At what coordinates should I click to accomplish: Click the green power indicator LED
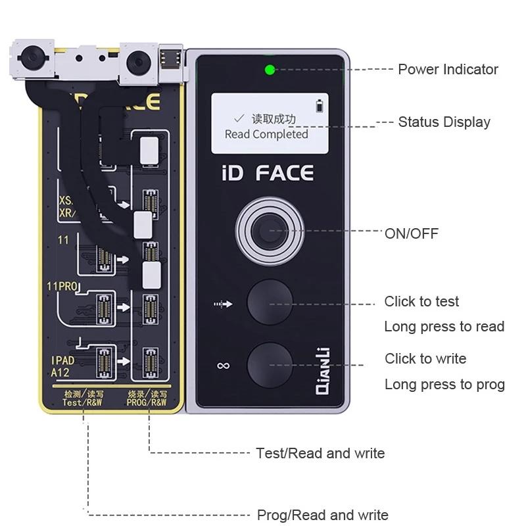coord(270,69)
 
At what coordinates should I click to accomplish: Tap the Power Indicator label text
coord(448,69)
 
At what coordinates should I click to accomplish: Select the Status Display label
coord(444,122)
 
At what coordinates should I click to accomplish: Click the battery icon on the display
coord(320,105)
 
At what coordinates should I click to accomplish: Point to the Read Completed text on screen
coord(266,134)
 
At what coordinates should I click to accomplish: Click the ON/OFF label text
coord(412,233)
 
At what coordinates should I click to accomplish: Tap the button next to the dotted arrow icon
coord(270,304)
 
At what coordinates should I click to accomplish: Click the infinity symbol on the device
coord(223,365)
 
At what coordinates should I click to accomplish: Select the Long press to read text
coord(444,327)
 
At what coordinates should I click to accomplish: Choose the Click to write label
coord(425,358)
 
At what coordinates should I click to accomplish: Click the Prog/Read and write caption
coord(322,515)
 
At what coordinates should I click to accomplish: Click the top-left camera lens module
coord(30,60)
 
